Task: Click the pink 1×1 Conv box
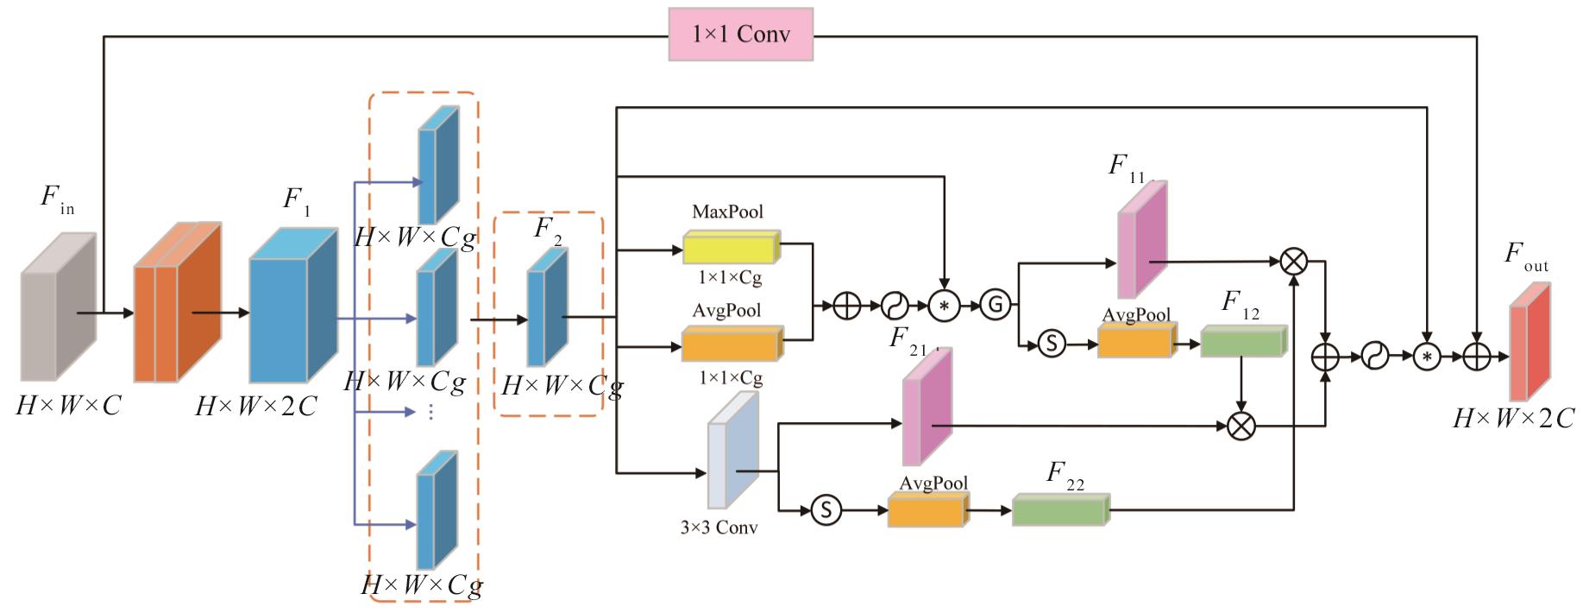[x=740, y=34]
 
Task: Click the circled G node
[x=995, y=304]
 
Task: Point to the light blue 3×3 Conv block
[x=733, y=450]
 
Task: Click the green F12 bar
[x=1243, y=341]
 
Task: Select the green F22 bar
[x=1060, y=509]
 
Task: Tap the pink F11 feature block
[x=1142, y=240]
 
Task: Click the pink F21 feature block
[x=927, y=407]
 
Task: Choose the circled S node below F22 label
[x=826, y=509]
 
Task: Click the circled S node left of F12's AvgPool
[x=1051, y=343]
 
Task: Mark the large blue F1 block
[x=292, y=305]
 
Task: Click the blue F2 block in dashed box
[x=547, y=307]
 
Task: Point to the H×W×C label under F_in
[x=68, y=404]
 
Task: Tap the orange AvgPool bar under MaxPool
[x=732, y=344]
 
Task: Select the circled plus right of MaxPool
[x=847, y=305]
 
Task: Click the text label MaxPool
[x=727, y=212]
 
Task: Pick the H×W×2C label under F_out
[x=1514, y=419]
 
